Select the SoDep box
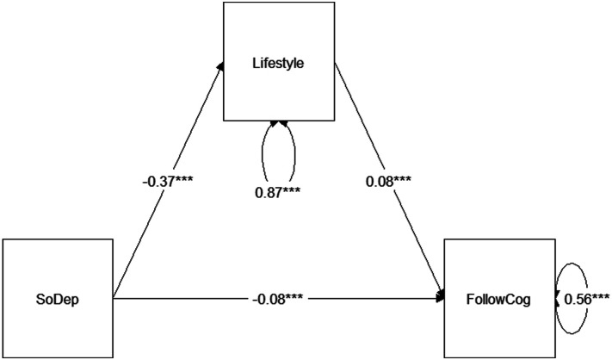[57, 299]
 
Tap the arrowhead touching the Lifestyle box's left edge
[221, 65]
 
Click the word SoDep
[57, 299]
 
